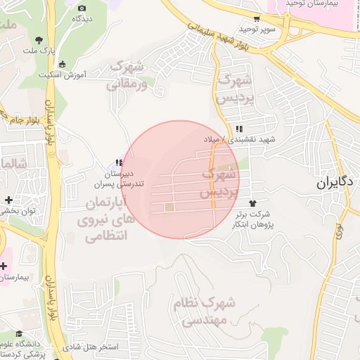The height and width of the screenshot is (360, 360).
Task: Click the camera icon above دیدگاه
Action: click(81, 8)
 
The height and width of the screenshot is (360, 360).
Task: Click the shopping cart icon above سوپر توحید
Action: click(258, 20)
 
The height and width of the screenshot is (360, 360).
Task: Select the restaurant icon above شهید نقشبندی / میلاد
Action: click(240, 129)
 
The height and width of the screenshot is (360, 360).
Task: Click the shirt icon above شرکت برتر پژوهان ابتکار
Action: click(243, 203)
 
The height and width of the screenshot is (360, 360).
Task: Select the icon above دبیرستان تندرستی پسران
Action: click(120, 163)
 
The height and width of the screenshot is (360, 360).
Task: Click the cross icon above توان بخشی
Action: click(8, 200)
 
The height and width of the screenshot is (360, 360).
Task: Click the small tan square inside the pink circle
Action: click(169, 207)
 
